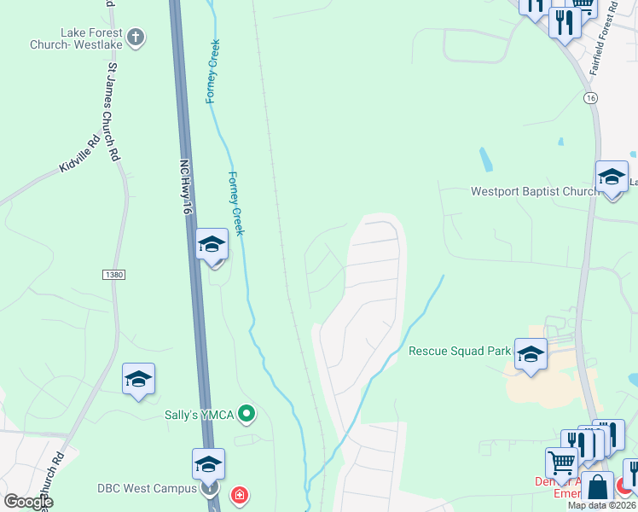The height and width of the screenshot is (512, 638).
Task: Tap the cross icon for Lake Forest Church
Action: pyautogui.click(x=136, y=37)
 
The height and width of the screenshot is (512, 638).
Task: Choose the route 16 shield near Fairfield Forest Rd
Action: pyautogui.click(x=590, y=99)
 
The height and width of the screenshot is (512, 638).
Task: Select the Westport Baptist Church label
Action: pyautogui.click(x=535, y=191)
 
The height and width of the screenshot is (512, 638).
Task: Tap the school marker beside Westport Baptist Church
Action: pyautogui.click(x=612, y=177)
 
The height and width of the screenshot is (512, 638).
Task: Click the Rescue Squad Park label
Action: pyautogui.click(x=460, y=351)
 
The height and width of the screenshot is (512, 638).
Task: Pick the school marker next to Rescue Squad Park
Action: pyautogui.click(x=531, y=354)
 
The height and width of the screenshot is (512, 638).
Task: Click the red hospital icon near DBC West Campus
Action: pyautogui.click(x=241, y=494)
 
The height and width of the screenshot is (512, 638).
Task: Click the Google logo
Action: pyautogui.click(x=28, y=502)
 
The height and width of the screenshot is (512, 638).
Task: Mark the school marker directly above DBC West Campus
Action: pyautogui.click(x=208, y=464)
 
